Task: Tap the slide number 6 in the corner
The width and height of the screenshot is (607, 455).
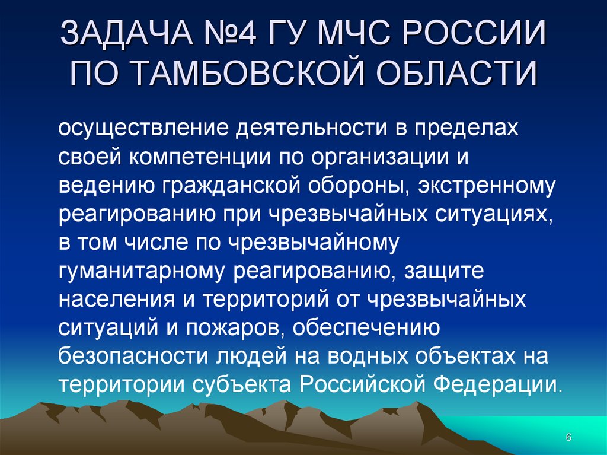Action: click(568, 437)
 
